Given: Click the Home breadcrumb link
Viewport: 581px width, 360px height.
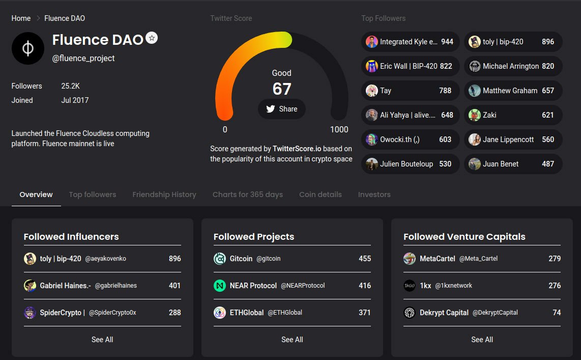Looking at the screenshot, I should coord(21,18).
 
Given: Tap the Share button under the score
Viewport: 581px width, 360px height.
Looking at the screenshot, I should coord(282,109).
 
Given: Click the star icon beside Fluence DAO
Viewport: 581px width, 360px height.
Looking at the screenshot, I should coord(151,38).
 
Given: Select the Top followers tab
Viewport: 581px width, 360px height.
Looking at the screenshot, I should coord(93,195).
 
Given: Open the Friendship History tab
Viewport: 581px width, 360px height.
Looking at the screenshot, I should coord(164,195).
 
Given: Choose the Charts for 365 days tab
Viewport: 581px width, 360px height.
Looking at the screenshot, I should coord(248,195).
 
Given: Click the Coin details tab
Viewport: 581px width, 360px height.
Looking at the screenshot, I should coord(321,195).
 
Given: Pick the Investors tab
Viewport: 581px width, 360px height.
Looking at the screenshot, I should coord(374,195).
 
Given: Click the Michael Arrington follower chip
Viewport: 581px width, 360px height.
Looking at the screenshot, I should coord(513,66).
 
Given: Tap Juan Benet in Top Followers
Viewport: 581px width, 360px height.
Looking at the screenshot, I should coord(513,164).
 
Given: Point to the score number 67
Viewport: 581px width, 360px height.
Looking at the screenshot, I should coord(282,89).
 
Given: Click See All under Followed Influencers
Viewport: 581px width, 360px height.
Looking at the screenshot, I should coord(102,340).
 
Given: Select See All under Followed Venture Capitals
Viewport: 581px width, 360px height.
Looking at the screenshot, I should coord(482,340).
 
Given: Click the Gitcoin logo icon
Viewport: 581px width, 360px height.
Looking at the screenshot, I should coord(219,259).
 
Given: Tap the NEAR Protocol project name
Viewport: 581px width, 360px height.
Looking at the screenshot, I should coord(253,286).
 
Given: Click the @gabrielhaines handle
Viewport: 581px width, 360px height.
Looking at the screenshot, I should coord(116,286).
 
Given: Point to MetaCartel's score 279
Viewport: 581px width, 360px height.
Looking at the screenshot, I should coord(555,259).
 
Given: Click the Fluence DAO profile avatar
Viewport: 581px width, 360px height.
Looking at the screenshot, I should coord(28,48).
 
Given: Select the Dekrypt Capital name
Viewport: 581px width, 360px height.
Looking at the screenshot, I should coord(444,313).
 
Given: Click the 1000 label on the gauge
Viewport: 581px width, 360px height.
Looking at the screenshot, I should coord(339,129).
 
